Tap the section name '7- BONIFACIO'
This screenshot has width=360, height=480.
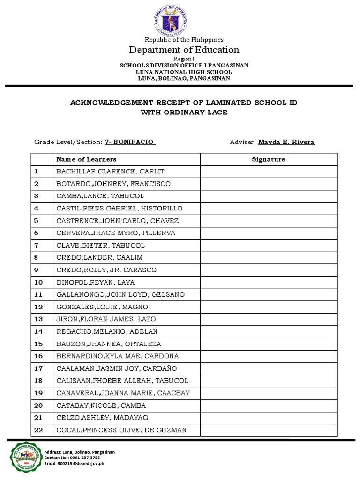point(130,142)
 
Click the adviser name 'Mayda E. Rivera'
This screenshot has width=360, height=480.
point(286,142)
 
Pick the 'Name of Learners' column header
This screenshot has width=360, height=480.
point(86,159)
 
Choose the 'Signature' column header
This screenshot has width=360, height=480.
point(268,159)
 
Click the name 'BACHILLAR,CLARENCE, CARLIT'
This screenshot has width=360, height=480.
point(110,172)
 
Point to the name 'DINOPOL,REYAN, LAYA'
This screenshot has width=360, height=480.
point(95,282)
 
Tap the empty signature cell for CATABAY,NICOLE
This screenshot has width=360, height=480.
point(268,405)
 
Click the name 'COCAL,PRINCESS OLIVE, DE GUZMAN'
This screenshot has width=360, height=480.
point(121,430)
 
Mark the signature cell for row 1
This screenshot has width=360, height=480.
point(268,172)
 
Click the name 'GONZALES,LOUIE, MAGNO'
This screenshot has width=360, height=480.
point(102,307)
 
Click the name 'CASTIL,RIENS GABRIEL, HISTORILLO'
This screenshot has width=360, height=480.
point(120,208)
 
